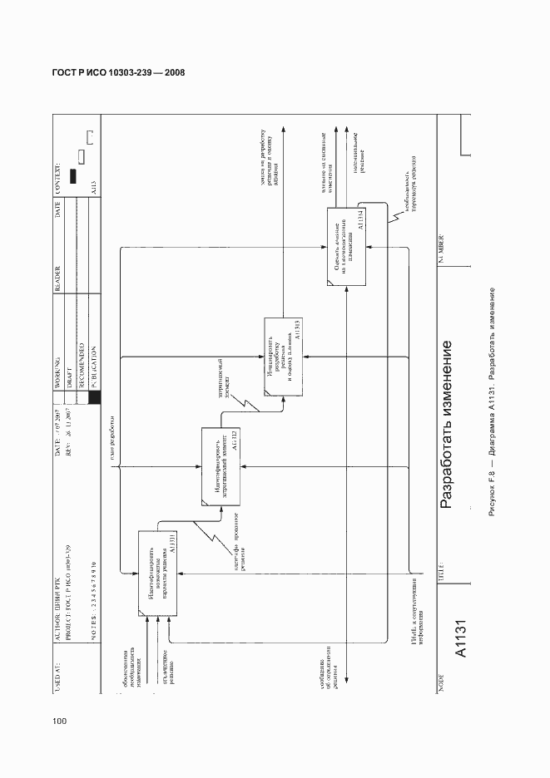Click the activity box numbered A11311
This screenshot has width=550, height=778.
click(x=157, y=573)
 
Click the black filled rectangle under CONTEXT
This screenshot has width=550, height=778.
click(x=74, y=176)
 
